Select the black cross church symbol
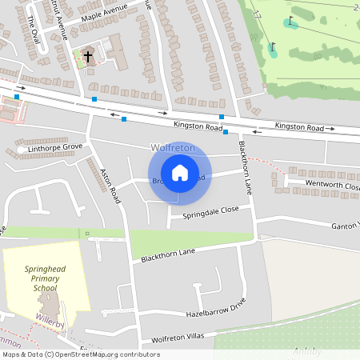(x=88, y=56)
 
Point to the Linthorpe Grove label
(x=54, y=148)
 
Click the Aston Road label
(x=109, y=184)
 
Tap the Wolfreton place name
(x=173, y=148)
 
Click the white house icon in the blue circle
(x=180, y=172)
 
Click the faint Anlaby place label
(x=307, y=350)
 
